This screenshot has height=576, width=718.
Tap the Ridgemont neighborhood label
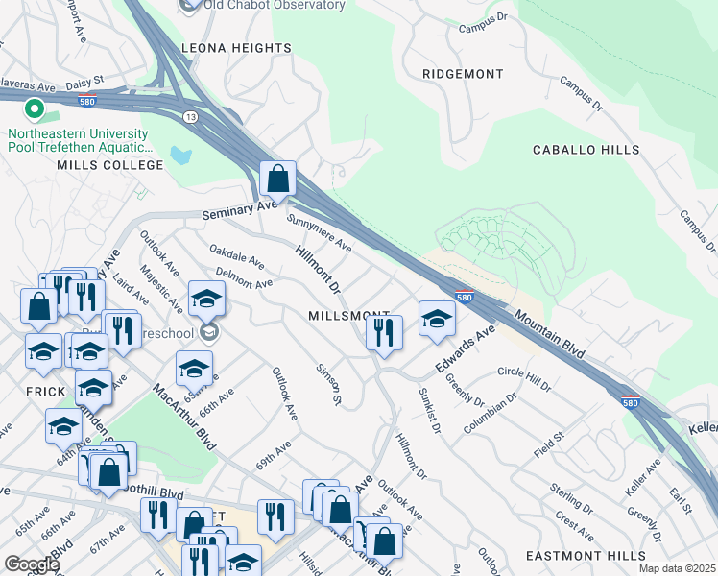[x=463, y=74]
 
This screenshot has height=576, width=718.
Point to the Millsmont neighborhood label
[x=348, y=316]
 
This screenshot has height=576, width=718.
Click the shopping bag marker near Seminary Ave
[x=277, y=179]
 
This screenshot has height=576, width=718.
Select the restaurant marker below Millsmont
[x=383, y=333]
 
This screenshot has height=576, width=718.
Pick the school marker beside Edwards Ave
[x=437, y=320]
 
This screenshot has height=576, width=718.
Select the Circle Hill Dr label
[x=524, y=378]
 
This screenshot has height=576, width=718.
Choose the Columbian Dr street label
[x=490, y=410]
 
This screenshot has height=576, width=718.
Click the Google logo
[x=31, y=564]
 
